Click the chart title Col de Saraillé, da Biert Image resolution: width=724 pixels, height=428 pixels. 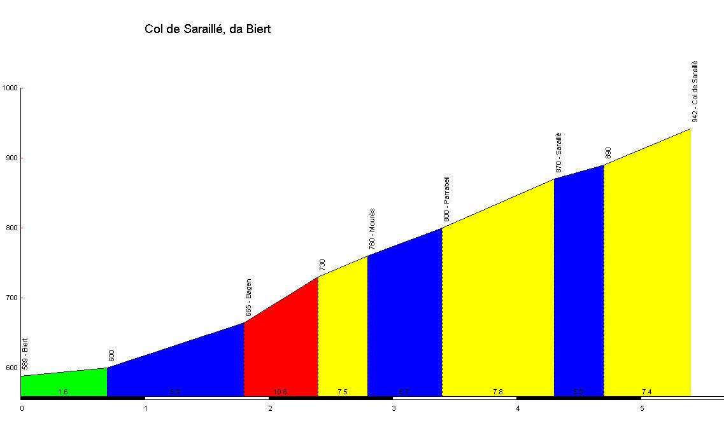tap(208, 29)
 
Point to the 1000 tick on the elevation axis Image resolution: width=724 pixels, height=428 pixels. tap(11, 88)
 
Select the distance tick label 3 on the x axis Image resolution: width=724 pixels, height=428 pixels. tap(394, 408)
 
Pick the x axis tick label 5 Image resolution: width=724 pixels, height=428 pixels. tap(642, 408)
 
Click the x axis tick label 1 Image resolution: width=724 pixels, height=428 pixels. tap(146, 408)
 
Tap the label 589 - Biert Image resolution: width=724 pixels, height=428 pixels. tap(25, 354)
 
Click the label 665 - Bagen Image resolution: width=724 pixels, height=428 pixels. tap(249, 298)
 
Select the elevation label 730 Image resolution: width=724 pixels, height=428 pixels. tap(322, 265)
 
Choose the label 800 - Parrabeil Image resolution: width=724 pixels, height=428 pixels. tap(447, 198)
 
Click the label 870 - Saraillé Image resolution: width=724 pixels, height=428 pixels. tap(558, 153)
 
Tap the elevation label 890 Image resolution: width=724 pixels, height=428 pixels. tap(608, 153)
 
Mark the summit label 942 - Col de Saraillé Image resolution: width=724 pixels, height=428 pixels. tap(695, 92)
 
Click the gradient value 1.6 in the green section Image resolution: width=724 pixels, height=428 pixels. tap(63, 392)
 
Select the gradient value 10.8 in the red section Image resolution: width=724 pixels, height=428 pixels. tap(280, 392)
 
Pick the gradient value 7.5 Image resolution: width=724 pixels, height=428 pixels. tap(342, 392)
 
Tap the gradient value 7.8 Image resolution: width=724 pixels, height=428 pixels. tap(498, 392)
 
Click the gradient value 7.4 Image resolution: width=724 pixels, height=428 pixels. tap(646, 392)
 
